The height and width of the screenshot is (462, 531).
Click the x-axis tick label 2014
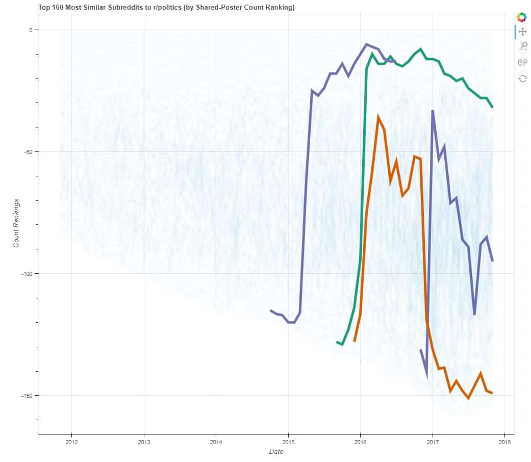(216, 442)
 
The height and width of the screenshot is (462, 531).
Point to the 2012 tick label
(72, 442)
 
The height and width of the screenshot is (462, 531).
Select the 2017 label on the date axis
(433, 442)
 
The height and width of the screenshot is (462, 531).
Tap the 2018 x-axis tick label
(504, 442)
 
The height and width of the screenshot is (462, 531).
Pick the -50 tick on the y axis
(27, 152)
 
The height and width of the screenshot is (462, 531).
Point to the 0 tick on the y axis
(31, 30)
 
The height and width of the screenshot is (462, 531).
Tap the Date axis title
(276, 452)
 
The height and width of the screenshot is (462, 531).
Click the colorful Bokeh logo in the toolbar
(522, 17)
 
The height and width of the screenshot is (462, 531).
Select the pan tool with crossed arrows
(522, 32)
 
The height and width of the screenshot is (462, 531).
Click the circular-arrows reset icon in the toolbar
(522, 78)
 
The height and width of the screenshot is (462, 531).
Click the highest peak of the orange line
(378, 117)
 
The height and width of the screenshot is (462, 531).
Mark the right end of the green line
(492, 107)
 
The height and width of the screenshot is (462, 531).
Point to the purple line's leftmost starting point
(271, 310)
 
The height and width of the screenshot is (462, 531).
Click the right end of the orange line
(492, 393)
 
